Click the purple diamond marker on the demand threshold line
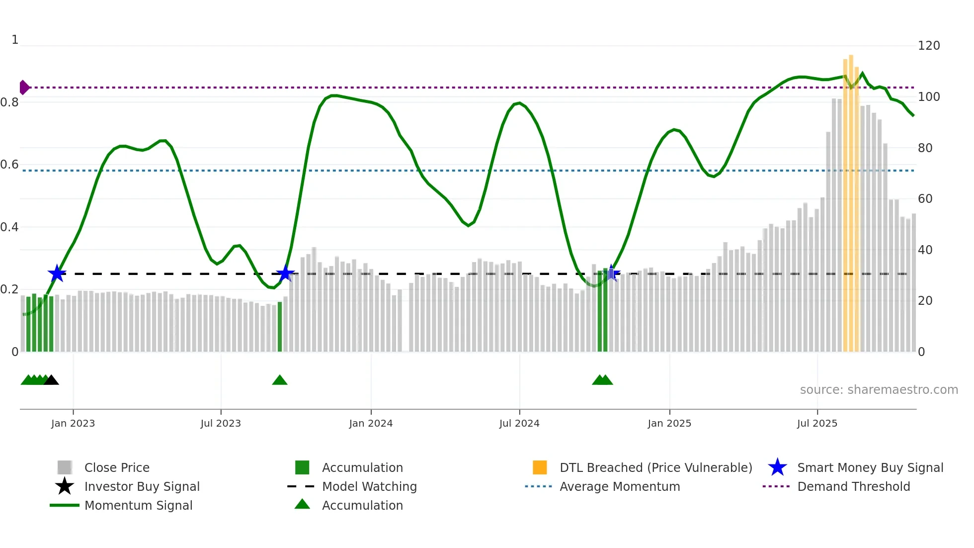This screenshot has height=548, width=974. (24, 88)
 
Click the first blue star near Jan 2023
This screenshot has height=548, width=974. (57, 274)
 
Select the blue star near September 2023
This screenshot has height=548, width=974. (285, 274)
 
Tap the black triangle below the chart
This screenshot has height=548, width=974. (51, 380)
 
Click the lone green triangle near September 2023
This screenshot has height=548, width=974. (280, 380)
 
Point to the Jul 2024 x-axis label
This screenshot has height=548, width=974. (519, 423)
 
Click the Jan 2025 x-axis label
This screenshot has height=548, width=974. (669, 423)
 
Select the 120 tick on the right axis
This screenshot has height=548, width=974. (928, 46)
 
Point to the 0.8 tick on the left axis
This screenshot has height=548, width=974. (10, 102)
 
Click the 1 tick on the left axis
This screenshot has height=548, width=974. (15, 40)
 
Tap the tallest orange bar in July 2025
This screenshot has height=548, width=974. (851, 199)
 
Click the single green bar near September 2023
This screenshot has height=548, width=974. (280, 327)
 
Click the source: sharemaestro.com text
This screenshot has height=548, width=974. (879, 390)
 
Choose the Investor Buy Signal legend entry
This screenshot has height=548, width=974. (142, 486)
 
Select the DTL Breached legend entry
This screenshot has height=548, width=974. (655, 467)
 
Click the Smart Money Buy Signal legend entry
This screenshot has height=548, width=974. (870, 467)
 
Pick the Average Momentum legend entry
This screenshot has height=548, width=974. (619, 486)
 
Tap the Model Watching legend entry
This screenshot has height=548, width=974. (369, 486)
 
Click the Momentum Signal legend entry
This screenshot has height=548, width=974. (138, 505)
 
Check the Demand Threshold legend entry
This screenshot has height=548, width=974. (853, 486)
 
